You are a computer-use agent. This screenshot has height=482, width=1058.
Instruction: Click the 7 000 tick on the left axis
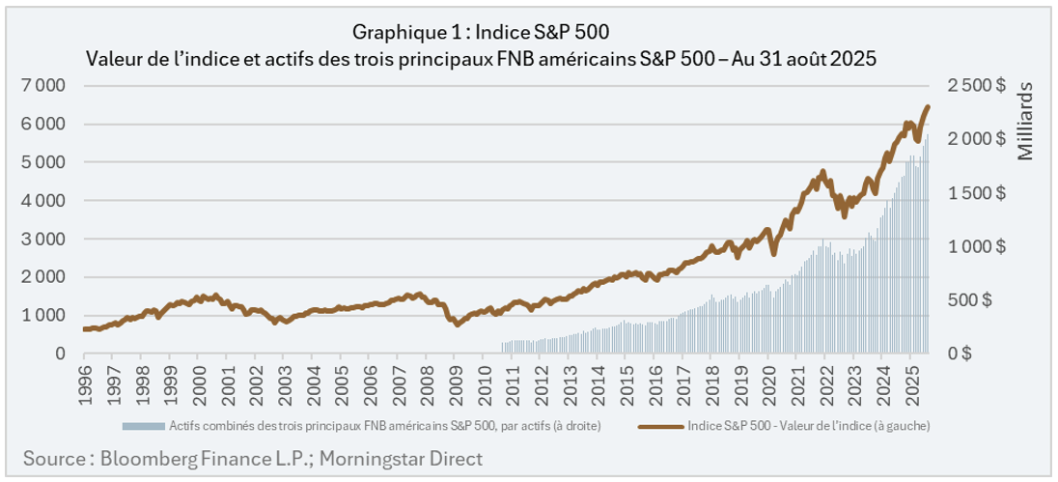click(x=43, y=86)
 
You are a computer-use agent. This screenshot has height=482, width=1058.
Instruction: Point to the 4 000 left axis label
click(x=43, y=201)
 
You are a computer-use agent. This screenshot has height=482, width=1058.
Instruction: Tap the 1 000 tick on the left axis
click(x=43, y=316)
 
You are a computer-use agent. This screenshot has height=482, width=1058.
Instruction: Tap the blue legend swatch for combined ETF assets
click(x=144, y=426)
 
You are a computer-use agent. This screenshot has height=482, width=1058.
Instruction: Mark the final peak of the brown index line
click(x=928, y=107)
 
